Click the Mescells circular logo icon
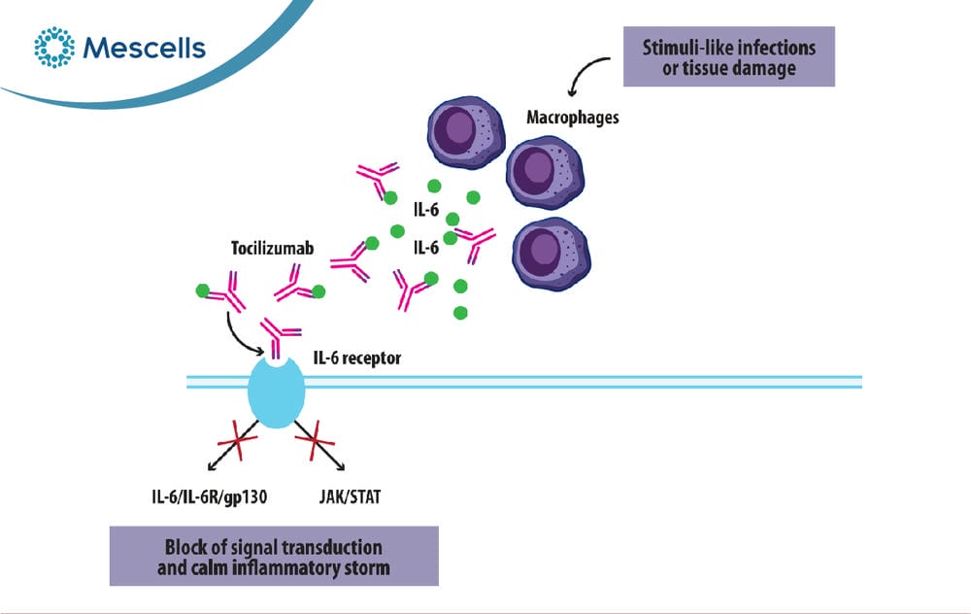(54, 47)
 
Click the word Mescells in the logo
(145, 49)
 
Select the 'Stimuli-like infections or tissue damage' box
(729, 56)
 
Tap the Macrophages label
(573, 118)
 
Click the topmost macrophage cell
(466, 132)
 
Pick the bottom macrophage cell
(552, 254)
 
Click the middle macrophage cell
(545, 173)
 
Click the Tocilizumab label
(273, 249)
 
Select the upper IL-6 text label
(426, 210)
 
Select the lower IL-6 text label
(426, 248)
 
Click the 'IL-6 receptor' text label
(357, 358)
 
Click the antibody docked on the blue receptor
(278, 338)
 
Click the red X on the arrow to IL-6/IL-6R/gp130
(237, 440)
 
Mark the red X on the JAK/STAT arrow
(316, 440)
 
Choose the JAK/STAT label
(351, 496)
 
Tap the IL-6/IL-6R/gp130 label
(210, 496)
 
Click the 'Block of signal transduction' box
(274, 557)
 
